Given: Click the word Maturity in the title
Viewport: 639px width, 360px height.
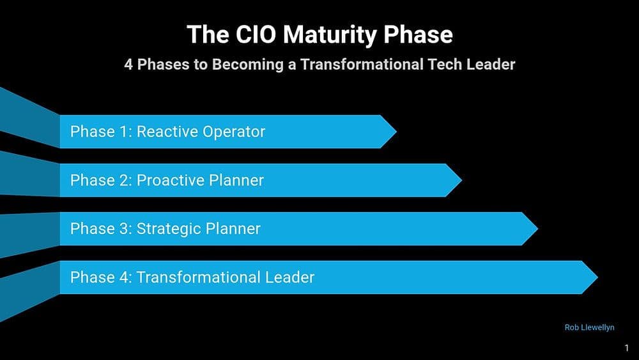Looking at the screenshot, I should [x=337, y=35].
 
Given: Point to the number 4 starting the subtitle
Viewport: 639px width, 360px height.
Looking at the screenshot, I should [x=128, y=65].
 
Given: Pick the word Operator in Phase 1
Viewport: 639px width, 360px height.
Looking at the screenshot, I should [x=233, y=132].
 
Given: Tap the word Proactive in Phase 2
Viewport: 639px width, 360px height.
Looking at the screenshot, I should [x=171, y=180].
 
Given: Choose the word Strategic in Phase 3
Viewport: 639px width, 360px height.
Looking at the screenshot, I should [x=169, y=229].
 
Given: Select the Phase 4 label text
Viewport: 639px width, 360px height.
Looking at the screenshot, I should [x=192, y=278].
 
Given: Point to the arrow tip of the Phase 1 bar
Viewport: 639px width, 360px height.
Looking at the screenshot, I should [x=393, y=132].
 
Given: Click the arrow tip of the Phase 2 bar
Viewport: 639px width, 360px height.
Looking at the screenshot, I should [x=458, y=180].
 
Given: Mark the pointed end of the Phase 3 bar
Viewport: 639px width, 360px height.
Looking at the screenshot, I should [x=534, y=229].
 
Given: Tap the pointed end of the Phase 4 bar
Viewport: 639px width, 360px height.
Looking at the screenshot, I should [x=594, y=278].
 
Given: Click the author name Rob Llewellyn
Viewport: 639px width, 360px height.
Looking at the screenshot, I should [x=589, y=327].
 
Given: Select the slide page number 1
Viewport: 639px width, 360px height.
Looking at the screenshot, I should [x=627, y=348].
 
